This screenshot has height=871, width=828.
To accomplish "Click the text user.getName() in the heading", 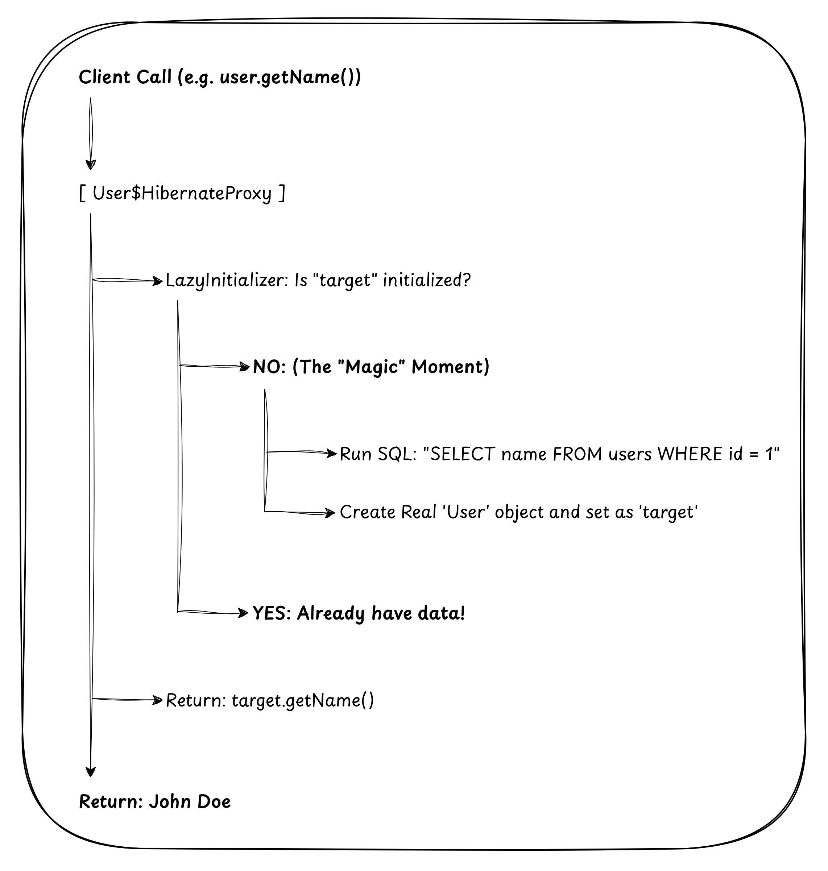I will point(290,78).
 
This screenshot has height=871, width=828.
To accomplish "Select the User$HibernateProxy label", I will point(182,193).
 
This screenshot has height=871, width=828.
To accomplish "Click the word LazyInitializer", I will point(227,280).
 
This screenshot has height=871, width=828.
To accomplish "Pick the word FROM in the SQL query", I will point(577,454).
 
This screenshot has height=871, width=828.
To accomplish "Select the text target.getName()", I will point(303,700).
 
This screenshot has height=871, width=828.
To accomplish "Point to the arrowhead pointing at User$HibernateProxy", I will point(91,165).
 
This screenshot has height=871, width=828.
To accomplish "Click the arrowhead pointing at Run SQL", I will point(332,453).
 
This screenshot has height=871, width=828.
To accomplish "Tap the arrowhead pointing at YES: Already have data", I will point(243,613).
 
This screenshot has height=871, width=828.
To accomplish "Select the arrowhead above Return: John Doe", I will point(91,772).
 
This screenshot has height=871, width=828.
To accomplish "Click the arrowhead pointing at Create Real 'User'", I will point(331,513).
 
